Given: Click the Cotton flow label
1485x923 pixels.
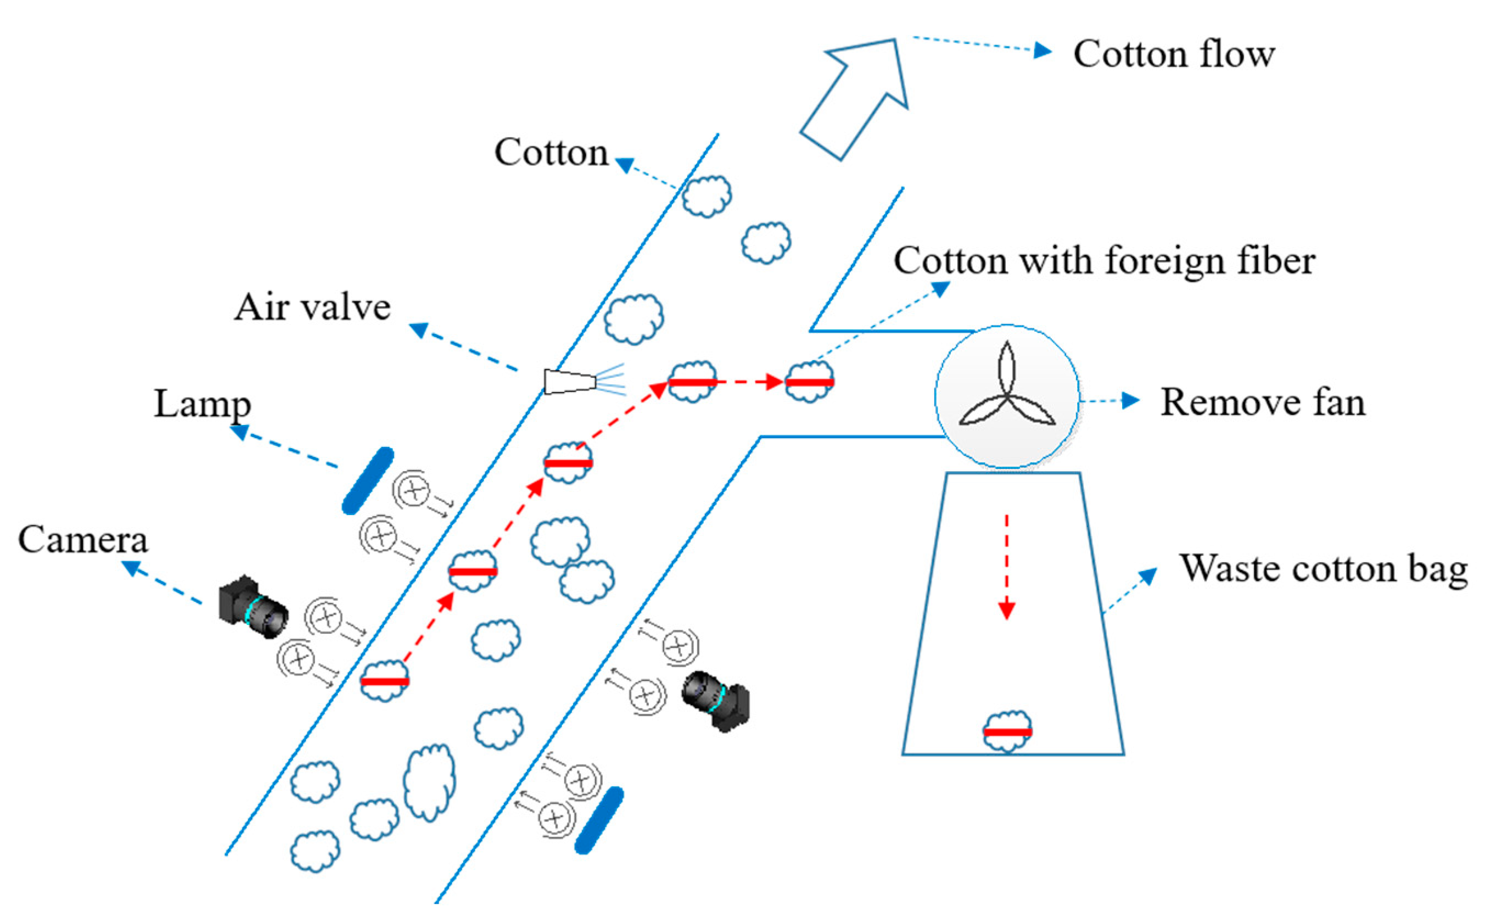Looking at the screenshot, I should coord(1173,55).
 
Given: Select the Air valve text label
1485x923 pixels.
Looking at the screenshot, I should coord(312,307).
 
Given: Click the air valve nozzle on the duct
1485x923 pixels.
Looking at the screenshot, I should coord(569,382).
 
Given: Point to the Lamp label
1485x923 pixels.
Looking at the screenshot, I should coord(202,404).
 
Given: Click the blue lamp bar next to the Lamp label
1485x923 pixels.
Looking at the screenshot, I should coord(367,480).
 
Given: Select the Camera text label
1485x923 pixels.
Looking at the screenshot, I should coord(83,540).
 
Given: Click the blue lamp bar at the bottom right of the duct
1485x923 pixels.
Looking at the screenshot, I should coord(599,820).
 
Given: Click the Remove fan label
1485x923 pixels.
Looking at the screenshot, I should coord(1262,403).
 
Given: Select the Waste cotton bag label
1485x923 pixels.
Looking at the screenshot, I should coord(1323,569).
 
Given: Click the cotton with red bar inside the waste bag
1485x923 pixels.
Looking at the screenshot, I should coord(1007,731).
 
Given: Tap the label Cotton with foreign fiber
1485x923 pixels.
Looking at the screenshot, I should coord(1103,261).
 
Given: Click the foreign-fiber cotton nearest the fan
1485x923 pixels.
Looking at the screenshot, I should coord(809,382).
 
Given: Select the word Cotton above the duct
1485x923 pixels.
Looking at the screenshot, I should coord(551,153).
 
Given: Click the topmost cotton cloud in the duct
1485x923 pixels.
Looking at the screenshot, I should coord(706,196).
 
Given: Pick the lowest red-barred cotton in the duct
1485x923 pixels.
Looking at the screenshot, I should coord(384,681).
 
